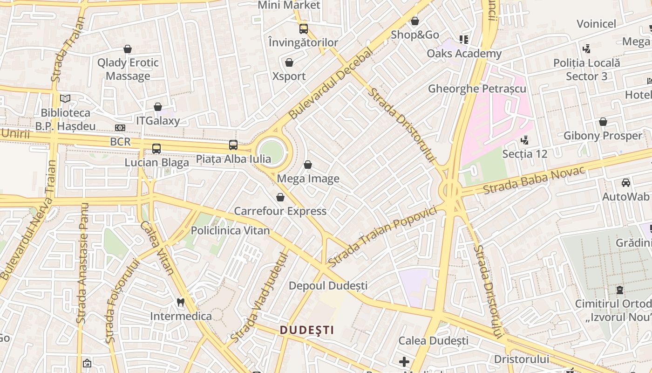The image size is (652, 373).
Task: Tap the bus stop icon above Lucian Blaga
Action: coord(156,149)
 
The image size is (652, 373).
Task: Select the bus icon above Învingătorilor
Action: coord(304,28)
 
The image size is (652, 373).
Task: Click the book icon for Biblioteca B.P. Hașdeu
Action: coord(66,99)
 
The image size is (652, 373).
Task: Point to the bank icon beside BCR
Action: coord(120,128)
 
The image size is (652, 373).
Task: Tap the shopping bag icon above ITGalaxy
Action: coord(158,107)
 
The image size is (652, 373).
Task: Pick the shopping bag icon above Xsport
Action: coord(289,62)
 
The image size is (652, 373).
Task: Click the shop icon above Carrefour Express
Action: coord(280,197)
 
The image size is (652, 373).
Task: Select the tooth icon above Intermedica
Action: coord(181,302)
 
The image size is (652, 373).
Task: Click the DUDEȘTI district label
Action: coord(307,330)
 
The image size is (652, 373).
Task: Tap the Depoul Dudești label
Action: coord(328,285)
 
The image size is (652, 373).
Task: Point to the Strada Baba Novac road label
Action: coord(534,180)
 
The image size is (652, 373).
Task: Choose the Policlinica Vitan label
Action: coord(230,230)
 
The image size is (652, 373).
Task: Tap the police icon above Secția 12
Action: coord(525,139)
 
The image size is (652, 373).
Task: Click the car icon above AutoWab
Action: coord(626,183)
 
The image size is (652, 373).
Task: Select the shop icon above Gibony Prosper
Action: coord(603,122)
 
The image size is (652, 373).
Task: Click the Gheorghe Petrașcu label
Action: coord(477,89)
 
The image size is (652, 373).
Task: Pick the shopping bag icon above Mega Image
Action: coord(307,165)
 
